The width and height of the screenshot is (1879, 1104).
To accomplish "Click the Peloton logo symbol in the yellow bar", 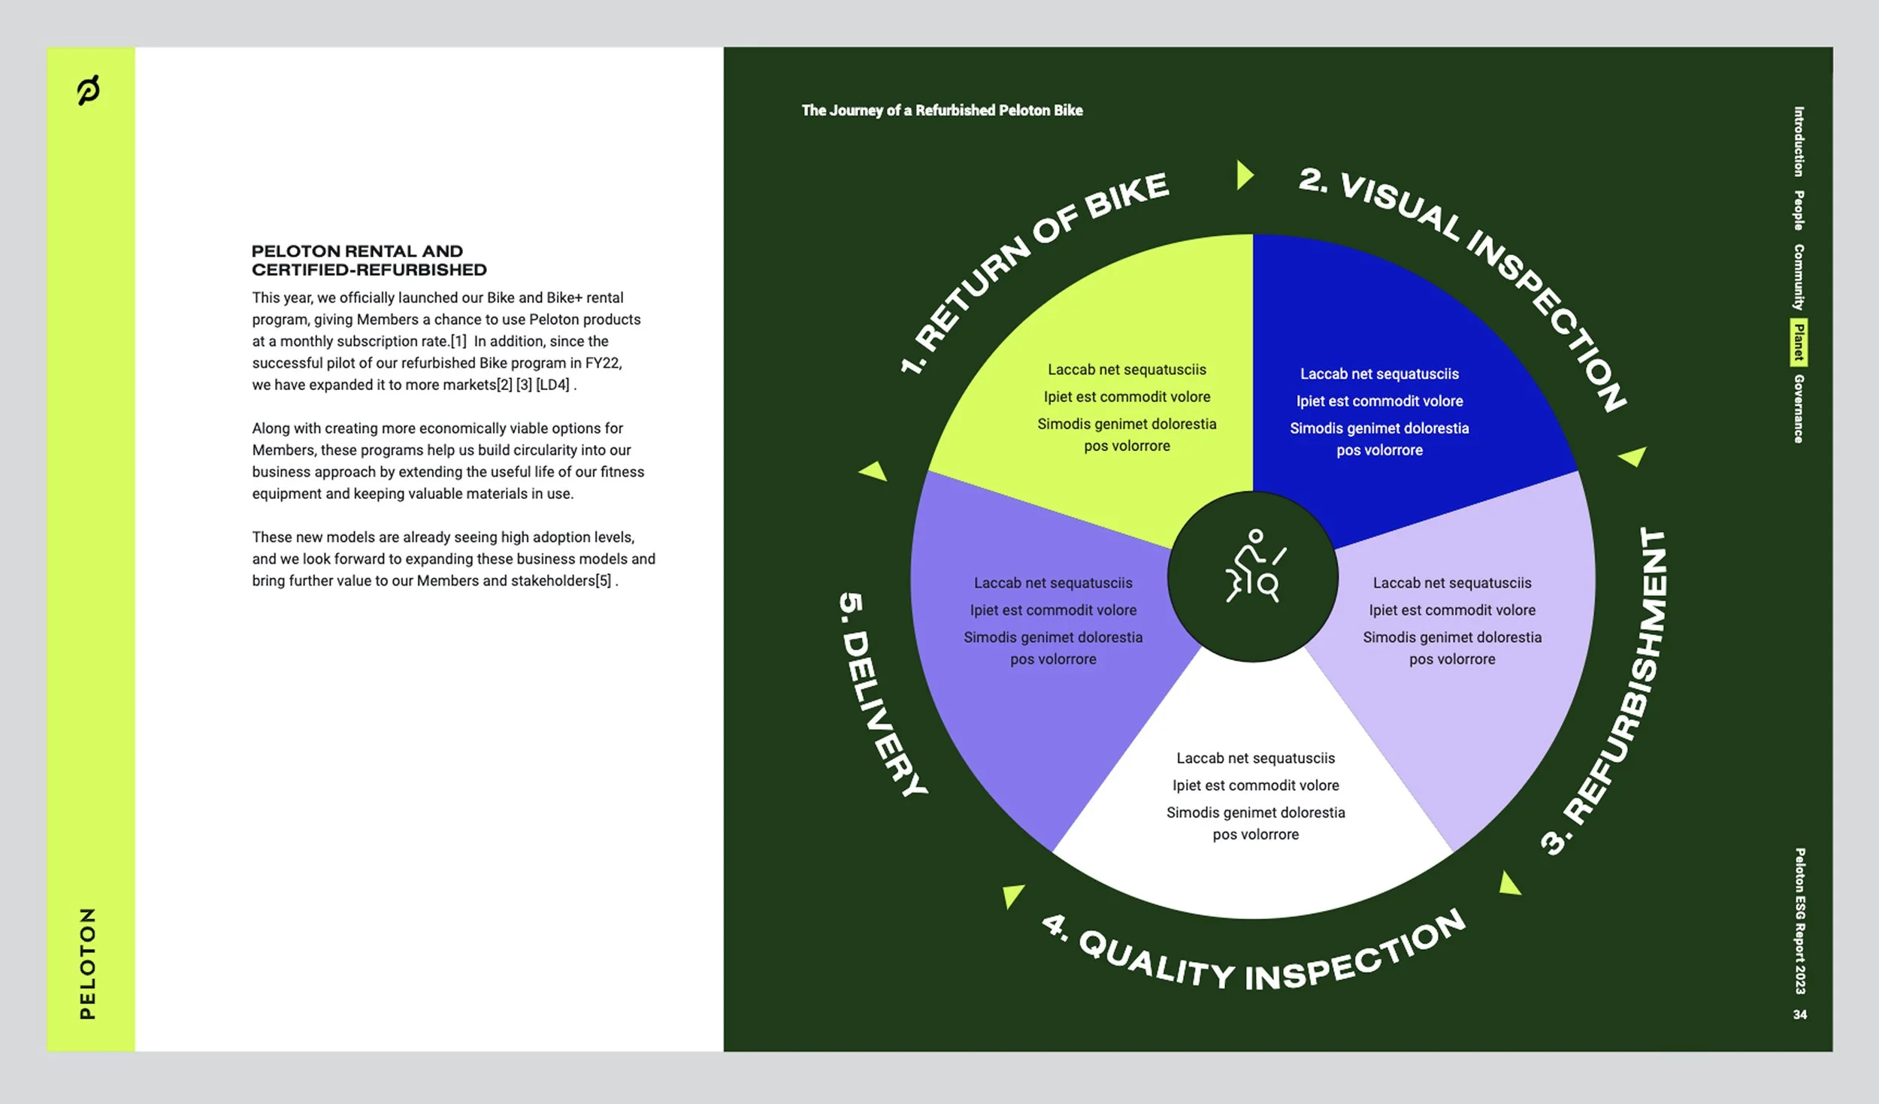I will click(89, 90).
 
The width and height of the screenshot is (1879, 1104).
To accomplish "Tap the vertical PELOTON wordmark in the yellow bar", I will click(88, 963).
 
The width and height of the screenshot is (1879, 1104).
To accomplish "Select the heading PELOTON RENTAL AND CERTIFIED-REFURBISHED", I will click(368, 260).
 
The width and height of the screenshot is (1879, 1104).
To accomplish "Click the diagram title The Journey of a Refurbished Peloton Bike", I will click(942, 110).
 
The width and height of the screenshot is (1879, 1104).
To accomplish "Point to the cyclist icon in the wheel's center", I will click(1253, 567).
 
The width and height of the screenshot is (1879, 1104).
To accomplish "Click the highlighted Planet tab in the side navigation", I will click(1799, 343).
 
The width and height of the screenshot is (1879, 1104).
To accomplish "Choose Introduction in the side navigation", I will click(1799, 141).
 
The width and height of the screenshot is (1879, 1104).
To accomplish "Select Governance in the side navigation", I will click(1799, 409).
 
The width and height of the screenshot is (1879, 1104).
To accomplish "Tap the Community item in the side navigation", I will click(1799, 277).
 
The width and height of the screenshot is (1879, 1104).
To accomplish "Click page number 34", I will click(1799, 1015).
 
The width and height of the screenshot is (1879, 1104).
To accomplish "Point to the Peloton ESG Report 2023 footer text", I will click(1799, 921).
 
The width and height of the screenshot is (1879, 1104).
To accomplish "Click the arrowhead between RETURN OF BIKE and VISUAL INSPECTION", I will click(1245, 175).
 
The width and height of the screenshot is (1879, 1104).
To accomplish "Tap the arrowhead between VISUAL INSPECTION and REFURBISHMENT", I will click(1632, 455).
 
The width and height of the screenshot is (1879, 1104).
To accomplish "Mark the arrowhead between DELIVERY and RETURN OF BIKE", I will click(874, 471).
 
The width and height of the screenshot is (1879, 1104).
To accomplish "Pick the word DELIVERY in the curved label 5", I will click(888, 713).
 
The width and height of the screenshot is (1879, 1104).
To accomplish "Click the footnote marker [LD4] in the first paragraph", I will click(552, 385).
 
